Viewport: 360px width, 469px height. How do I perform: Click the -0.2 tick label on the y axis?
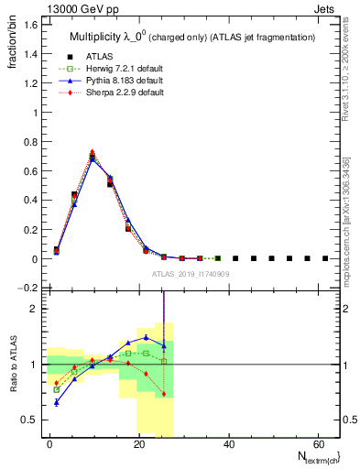28,288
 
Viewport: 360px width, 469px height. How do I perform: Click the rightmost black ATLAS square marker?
325,258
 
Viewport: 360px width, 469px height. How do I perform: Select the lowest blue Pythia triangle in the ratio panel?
56,402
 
